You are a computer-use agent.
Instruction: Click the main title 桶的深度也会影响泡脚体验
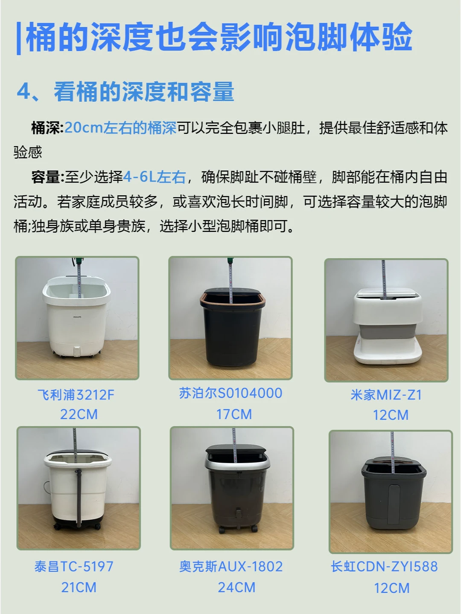[219, 37]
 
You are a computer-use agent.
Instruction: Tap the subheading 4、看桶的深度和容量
[125, 92]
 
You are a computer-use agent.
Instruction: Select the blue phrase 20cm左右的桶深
[120, 128]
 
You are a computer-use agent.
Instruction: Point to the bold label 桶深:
[47, 128]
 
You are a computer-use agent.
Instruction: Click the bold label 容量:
[47, 177]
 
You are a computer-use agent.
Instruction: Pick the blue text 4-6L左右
[155, 177]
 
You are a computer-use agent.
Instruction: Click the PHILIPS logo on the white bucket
[77, 317]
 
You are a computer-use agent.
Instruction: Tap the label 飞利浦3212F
[76, 394]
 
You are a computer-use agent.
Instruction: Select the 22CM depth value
[79, 414]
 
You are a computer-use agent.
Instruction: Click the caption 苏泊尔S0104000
[230, 393]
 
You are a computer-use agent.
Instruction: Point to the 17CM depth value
[234, 414]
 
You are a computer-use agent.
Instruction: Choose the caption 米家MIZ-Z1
[386, 395]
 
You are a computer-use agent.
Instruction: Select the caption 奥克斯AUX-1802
[231, 566]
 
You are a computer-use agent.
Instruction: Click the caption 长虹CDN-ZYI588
[384, 566]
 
